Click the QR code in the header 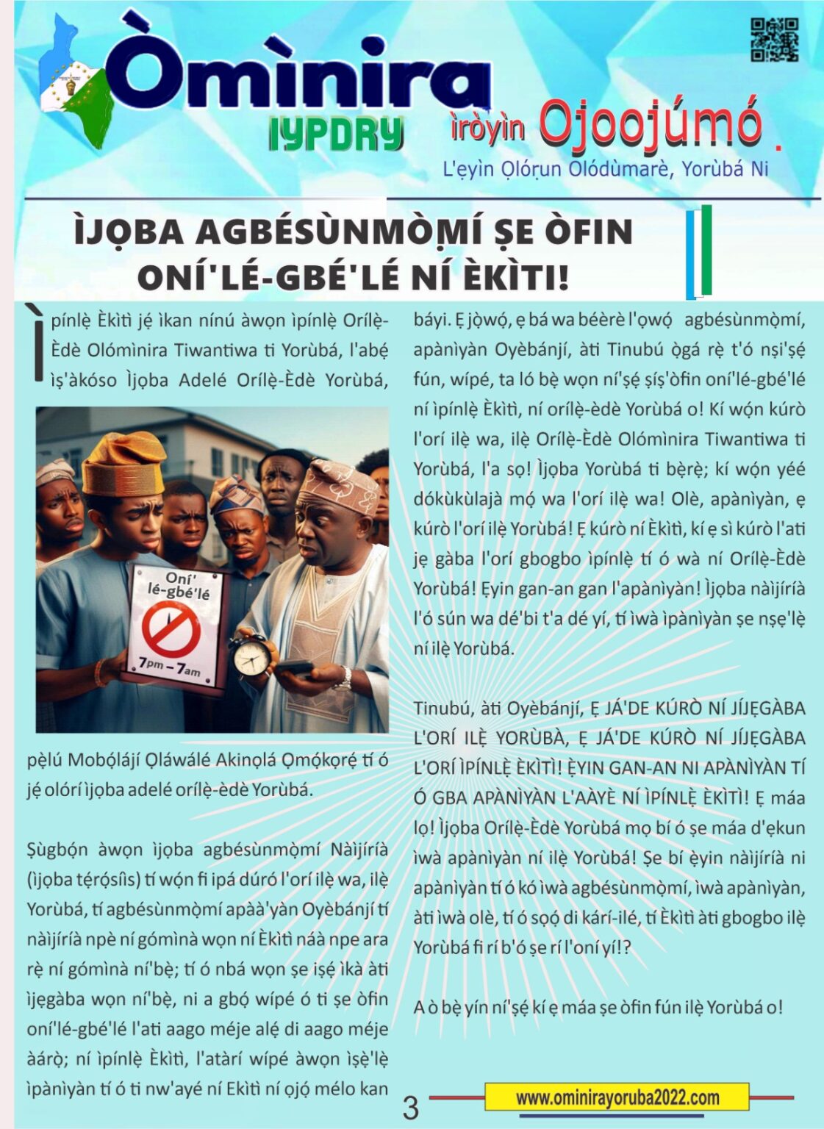(x=773, y=40)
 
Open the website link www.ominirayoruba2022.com (x=617, y=1097)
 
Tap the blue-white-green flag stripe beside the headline (x=699, y=252)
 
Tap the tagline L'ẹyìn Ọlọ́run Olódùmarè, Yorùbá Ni (x=605, y=169)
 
